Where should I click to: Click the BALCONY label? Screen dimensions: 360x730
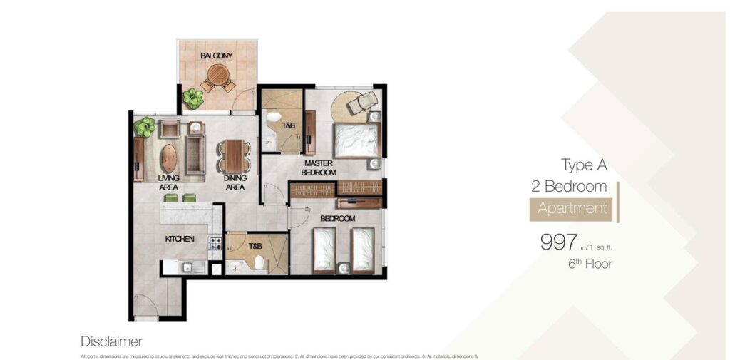(215, 55)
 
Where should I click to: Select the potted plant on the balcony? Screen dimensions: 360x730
(192, 98)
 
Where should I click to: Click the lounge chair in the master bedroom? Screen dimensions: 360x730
(363, 102)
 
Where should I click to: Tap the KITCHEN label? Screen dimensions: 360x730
(180, 239)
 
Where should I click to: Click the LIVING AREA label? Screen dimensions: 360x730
(168, 182)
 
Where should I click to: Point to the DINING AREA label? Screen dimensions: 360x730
(235, 182)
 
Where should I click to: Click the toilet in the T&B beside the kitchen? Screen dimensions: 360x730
(259, 263)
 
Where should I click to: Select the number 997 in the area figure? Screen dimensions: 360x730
(561, 242)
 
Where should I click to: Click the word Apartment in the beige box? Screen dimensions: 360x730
(572, 208)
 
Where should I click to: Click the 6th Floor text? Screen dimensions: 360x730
(590, 264)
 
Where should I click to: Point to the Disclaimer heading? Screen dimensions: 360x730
(111, 341)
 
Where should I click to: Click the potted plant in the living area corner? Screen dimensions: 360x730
(145, 127)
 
